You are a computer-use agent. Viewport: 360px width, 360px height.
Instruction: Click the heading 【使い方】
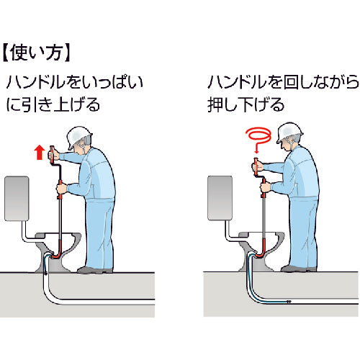pyautogui.click(x=37, y=53)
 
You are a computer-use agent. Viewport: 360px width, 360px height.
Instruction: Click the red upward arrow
pyautogui.click(x=39, y=152)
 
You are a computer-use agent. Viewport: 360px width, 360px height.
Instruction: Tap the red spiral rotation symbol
pyautogui.click(x=259, y=138)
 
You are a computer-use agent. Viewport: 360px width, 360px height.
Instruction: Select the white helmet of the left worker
pyautogui.click(x=78, y=137)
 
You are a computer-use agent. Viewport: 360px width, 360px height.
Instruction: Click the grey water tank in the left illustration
pyautogui.click(x=17, y=199)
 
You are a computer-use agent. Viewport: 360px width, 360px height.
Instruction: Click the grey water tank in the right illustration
pyautogui.click(x=220, y=198)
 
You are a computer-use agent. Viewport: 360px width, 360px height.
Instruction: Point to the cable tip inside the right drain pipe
pyautogui.click(x=289, y=301)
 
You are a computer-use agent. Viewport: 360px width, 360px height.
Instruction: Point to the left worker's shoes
pyautogui.click(x=94, y=270)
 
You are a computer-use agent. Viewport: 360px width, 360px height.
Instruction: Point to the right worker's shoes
pyautogui.click(x=299, y=269)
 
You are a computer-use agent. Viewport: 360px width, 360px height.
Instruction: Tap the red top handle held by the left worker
pyautogui.click(x=52, y=155)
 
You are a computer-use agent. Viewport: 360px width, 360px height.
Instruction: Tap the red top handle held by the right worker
pyautogui.click(x=256, y=166)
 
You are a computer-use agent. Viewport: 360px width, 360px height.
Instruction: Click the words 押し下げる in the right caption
pyautogui.click(x=246, y=104)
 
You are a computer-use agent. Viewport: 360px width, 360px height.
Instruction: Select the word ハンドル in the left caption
pyautogui.click(x=36, y=82)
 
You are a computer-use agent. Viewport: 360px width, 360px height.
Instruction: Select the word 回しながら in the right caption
pyautogui.click(x=321, y=82)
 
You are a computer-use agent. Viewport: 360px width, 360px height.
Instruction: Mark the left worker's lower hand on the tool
pyautogui.click(x=61, y=189)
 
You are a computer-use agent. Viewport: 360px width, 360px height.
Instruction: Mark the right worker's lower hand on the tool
pyautogui.click(x=266, y=187)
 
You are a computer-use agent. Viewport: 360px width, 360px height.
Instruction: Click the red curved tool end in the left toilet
pyautogui.click(x=55, y=254)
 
